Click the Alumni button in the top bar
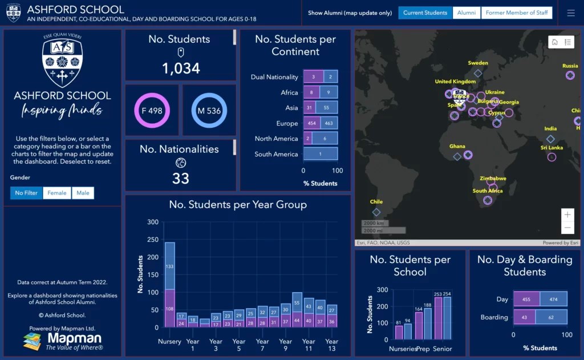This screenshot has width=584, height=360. [466, 13]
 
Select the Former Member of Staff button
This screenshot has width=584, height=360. [517, 13]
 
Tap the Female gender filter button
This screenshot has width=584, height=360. [56, 193]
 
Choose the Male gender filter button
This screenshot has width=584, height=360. [83, 193]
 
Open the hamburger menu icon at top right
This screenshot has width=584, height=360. [571, 13]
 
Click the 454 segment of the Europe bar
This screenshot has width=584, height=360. [312, 123]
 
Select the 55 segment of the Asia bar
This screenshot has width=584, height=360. [326, 107]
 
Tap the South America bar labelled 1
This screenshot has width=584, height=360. [321, 154]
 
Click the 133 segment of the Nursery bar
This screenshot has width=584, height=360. [169, 266]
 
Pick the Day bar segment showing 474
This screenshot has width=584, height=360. [553, 299]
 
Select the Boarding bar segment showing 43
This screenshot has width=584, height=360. [524, 317]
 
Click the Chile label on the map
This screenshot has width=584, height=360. [376, 201]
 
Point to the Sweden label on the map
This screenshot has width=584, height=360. [478, 63]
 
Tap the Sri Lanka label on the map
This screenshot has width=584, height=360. [551, 148]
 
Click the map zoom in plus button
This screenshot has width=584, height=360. [567, 215]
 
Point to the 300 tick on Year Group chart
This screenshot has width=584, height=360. [153, 222]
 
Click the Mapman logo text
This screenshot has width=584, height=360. [74, 338]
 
